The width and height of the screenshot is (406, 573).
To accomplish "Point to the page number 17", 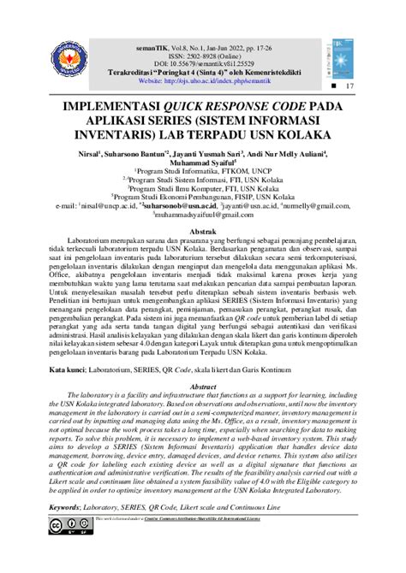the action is (349, 88).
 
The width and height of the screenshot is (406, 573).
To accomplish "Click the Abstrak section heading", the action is (202, 232).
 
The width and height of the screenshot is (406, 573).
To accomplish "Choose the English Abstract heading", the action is (202, 386).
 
